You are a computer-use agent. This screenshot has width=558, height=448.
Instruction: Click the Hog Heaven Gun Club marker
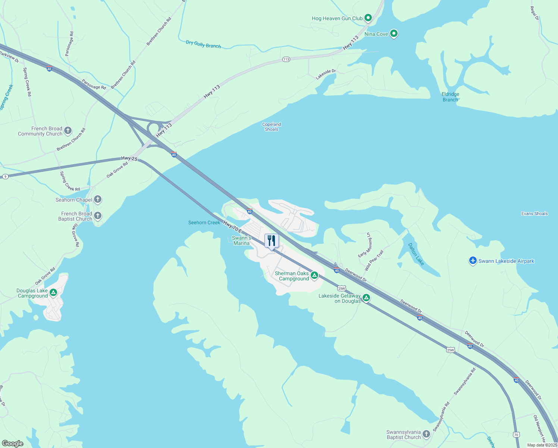[x=368, y=18]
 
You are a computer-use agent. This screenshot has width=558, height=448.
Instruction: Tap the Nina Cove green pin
[x=394, y=34]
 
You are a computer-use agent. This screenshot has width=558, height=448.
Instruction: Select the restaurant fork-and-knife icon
[x=272, y=241]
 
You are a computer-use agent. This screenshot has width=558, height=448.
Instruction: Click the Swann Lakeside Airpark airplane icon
[x=473, y=261]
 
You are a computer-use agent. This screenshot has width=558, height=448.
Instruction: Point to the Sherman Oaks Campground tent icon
[x=314, y=276]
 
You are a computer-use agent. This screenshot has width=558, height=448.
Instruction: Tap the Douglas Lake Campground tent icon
[x=53, y=293]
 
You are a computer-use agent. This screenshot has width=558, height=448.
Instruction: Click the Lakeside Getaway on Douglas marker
[x=366, y=298]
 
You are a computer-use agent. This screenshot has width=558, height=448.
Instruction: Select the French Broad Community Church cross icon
[x=68, y=131]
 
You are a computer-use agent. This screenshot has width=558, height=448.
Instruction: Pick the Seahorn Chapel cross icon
[x=98, y=199]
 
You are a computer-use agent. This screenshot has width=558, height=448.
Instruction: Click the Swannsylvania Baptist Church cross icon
[x=426, y=434]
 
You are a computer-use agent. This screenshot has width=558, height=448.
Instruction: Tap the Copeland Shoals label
[x=272, y=127]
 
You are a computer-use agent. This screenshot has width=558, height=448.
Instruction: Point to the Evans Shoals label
[x=535, y=214]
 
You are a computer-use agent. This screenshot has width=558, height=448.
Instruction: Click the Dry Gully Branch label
[x=203, y=44]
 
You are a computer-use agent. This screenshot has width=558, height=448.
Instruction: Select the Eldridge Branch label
[x=450, y=97]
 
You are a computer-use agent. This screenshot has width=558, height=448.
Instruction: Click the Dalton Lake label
[x=416, y=254]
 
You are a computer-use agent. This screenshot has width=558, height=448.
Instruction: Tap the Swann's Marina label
[x=241, y=240]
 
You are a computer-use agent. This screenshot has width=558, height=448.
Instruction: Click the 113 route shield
[x=286, y=59]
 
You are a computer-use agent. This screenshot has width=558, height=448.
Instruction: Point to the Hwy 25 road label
[x=129, y=159]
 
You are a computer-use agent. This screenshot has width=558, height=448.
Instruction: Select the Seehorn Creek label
[x=204, y=223]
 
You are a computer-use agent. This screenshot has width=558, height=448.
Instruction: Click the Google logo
[x=13, y=444]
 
